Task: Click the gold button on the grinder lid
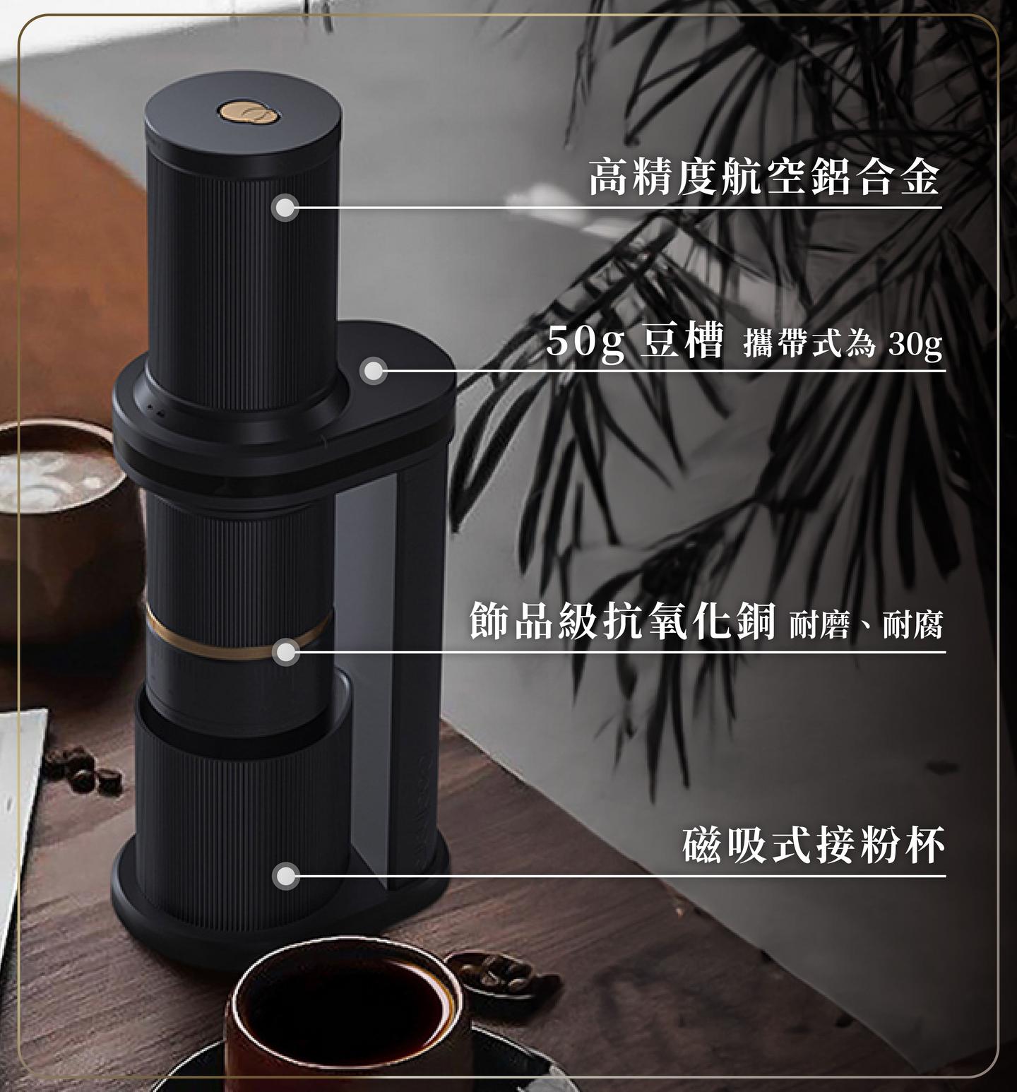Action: [x=244, y=113]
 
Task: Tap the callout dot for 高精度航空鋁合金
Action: [x=285, y=208]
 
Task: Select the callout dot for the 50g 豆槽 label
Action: [x=373, y=371]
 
